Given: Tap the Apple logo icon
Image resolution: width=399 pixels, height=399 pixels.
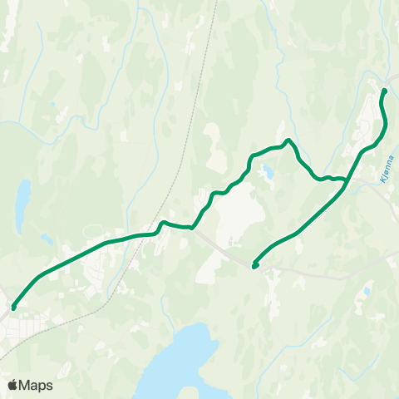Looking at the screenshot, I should click(12, 385).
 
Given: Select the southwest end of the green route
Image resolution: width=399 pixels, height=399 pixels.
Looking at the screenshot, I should click(13, 308).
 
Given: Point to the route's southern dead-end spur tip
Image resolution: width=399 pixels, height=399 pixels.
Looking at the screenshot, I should click(254, 266).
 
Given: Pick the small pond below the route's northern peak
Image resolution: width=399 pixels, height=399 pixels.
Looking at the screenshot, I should click(267, 173).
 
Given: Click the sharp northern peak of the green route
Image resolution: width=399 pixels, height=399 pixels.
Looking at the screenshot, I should click(288, 140).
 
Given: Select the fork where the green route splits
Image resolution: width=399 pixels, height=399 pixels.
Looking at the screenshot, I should click(346, 180).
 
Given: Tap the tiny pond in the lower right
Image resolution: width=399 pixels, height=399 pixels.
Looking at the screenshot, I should click(367, 291).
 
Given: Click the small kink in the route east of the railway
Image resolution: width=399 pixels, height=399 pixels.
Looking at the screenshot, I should click(163, 222).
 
